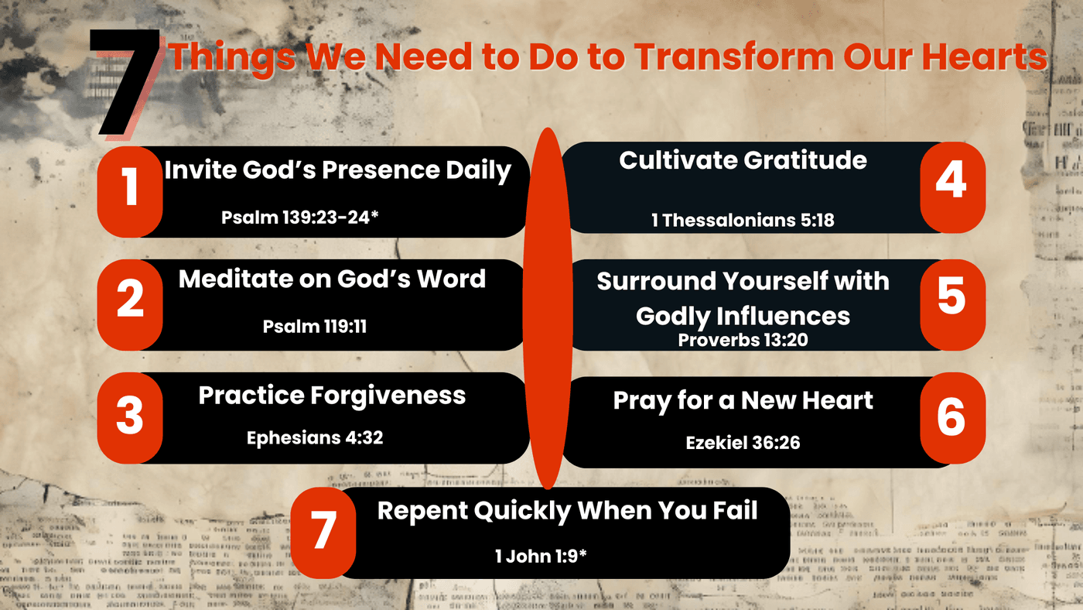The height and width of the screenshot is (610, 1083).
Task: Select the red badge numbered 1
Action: pyautogui.click(x=130, y=192)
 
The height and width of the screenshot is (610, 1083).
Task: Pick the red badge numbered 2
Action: pyautogui.click(x=130, y=305)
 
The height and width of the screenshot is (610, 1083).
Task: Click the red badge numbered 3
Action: pyautogui.click(x=130, y=418)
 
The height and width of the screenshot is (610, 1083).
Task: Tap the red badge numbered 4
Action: pyautogui.click(x=952, y=187)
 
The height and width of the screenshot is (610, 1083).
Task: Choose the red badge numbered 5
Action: pyautogui.click(x=952, y=305)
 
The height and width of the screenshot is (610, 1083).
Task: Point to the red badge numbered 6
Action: pyautogui.click(x=952, y=418)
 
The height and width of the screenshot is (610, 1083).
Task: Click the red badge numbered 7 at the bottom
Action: pyautogui.click(x=323, y=533)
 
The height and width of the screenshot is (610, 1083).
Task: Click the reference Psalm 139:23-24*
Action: pyautogui.click(x=300, y=218)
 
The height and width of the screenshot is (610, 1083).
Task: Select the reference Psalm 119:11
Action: pyautogui.click(x=315, y=327)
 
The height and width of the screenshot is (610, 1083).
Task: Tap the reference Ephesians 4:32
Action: pyautogui.click(x=315, y=438)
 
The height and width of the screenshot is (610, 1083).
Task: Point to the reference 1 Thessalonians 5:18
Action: pyautogui.click(x=743, y=221)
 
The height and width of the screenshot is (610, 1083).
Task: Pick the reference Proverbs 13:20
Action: pyautogui.click(x=743, y=340)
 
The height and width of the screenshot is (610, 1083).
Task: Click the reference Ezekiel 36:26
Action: pyautogui.click(x=743, y=443)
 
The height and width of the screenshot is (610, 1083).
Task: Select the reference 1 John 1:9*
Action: pyautogui.click(x=541, y=557)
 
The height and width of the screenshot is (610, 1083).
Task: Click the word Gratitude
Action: pyautogui.click(x=805, y=160)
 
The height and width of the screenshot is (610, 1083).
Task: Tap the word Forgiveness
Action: pyautogui.click(x=388, y=396)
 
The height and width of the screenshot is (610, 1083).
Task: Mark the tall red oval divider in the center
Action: pyautogui.click(x=548, y=309)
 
